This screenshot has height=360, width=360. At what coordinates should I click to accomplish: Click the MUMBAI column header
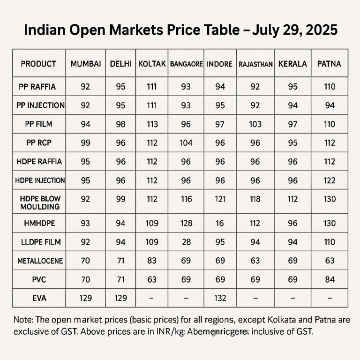pyautogui.click(x=85, y=64)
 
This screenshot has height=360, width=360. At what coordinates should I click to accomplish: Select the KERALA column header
pyautogui.click(x=292, y=64)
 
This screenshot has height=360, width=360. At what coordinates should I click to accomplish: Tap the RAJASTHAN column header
pyautogui.click(x=255, y=64)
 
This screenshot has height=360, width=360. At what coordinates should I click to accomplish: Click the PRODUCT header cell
pyautogui.click(x=38, y=64)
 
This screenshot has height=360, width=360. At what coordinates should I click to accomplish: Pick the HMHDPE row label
pyautogui.click(x=38, y=223)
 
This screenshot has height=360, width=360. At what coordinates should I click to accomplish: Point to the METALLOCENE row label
pyautogui.click(x=38, y=261)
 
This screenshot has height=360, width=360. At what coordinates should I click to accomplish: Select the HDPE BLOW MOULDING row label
pyautogui.click(x=38, y=202)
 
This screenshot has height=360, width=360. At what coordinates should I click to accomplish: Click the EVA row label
pyautogui.click(x=38, y=298)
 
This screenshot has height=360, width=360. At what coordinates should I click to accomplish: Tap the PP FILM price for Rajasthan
pyautogui.click(x=255, y=124)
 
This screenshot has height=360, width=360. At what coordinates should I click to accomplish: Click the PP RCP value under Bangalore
pyautogui.click(x=186, y=143)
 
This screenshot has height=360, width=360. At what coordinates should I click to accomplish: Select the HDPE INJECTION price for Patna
pyautogui.click(x=330, y=180)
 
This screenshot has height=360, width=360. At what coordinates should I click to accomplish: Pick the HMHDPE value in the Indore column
pyautogui.click(x=219, y=223)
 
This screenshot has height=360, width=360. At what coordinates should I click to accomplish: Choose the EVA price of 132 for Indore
pyautogui.click(x=219, y=298)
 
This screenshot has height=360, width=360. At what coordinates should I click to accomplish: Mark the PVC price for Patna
pyautogui.click(x=330, y=279)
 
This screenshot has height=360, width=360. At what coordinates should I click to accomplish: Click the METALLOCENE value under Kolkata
pyautogui.click(x=152, y=261)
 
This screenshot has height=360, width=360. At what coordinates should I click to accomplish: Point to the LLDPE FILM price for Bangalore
pyautogui.click(x=186, y=242)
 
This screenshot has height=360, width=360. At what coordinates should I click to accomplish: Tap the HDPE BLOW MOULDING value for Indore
pyautogui.click(x=219, y=199)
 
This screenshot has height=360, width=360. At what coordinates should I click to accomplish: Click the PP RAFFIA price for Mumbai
pyautogui.click(x=85, y=87)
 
